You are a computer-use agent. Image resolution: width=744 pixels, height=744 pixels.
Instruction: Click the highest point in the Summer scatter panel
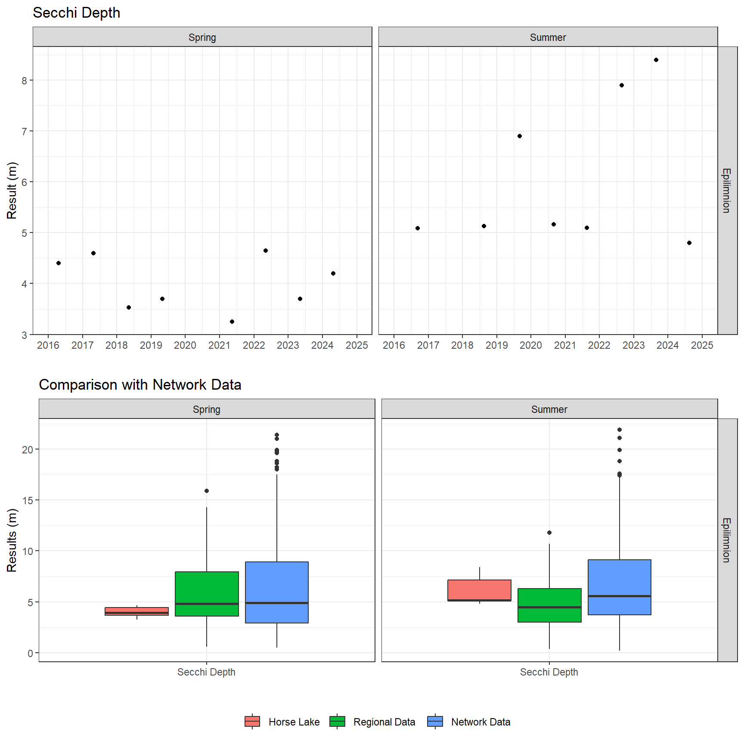pyautogui.click(x=656, y=60)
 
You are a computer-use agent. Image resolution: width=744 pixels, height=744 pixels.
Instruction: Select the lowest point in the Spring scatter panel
pyautogui.click(x=232, y=322)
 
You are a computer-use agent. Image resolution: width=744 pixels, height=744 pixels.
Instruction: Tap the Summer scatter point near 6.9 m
pyautogui.click(x=520, y=136)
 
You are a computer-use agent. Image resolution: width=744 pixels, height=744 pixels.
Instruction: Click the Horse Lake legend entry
pyautogui.click(x=282, y=722)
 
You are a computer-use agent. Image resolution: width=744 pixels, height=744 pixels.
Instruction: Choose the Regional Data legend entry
pyautogui.click(x=372, y=722)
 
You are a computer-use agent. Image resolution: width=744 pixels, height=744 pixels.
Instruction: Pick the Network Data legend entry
pyautogui.click(x=469, y=722)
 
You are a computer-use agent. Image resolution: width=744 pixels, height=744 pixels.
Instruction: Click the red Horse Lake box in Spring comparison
pyautogui.click(x=136, y=611)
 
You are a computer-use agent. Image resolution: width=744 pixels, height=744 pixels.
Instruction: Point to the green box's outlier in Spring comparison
pyautogui.click(x=207, y=491)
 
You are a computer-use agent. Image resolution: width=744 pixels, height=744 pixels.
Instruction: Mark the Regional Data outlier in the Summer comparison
pyautogui.click(x=549, y=533)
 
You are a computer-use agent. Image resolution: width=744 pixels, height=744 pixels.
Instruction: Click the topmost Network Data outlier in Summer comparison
pyautogui.click(x=620, y=430)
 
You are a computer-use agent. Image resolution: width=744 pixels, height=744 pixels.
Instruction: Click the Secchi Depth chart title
pyautogui.click(x=77, y=13)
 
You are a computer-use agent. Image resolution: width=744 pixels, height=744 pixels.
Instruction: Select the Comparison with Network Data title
pyautogui.click(x=140, y=384)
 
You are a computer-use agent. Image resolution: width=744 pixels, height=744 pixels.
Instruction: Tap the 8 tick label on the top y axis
pyautogui.click(x=25, y=81)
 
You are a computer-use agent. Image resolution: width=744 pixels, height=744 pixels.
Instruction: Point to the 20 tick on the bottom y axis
pyautogui.click(x=28, y=449)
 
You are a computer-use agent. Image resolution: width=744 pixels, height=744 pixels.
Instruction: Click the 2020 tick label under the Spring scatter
pyautogui.click(x=185, y=345)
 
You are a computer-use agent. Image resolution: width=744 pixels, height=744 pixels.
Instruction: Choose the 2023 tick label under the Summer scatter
pyautogui.click(x=633, y=345)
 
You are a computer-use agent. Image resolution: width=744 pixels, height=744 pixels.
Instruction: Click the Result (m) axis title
pyautogui.click(x=12, y=190)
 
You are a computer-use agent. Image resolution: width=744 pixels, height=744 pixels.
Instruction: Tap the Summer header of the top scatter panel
pyautogui.click(x=548, y=37)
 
